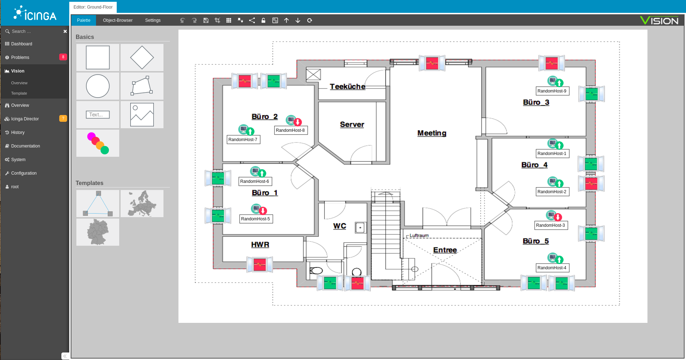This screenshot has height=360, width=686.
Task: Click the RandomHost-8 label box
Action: [x=291, y=130]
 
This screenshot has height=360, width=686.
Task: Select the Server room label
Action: [x=352, y=124]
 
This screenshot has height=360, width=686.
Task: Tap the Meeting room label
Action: [x=432, y=133]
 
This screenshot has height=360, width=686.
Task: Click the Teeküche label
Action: [x=347, y=86]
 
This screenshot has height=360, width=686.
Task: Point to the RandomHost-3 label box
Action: [x=551, y=225]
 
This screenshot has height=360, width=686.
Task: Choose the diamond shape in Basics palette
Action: [x=142, y=57]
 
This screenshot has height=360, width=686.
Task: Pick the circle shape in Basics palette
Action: [x=98, y=86]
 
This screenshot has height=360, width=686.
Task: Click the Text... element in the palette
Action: [x=98, y=115]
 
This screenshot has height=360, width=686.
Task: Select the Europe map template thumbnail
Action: [x=142, y=204]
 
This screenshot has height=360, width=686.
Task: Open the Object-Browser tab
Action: [x=118, y=20]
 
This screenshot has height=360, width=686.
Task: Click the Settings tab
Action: [x=153, y=20]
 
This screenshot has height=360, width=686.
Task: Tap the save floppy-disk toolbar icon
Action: [x=206, y=20]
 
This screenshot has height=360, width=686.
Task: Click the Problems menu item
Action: [x=20, y=57]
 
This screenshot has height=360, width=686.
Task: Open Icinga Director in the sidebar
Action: [x=25, y=119]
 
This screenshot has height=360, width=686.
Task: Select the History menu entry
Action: [x=18, y=132]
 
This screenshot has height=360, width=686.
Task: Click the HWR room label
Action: [x=260, y=245]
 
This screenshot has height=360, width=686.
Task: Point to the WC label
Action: [x=340, y=226]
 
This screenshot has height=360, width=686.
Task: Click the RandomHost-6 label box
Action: [x=255, y=181]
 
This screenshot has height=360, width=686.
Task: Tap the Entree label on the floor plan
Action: [x=445, y=250]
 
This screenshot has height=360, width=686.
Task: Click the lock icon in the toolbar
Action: [x=263, y=20]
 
